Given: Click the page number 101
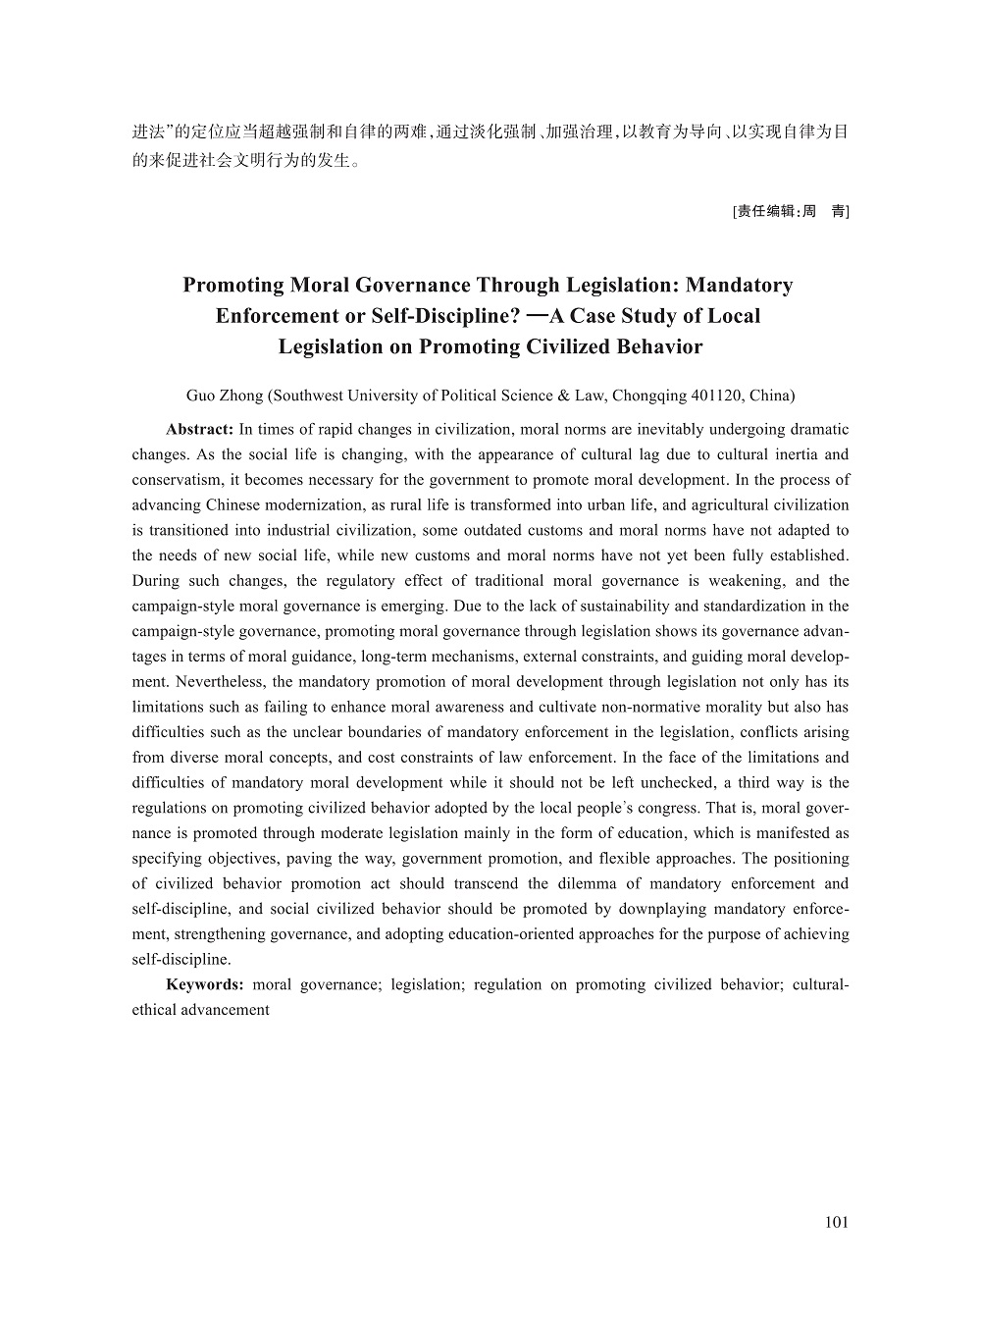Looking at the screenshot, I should [837, 1222].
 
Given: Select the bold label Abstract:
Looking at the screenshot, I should [199, 430].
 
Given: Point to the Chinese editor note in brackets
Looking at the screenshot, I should [791, 211].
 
